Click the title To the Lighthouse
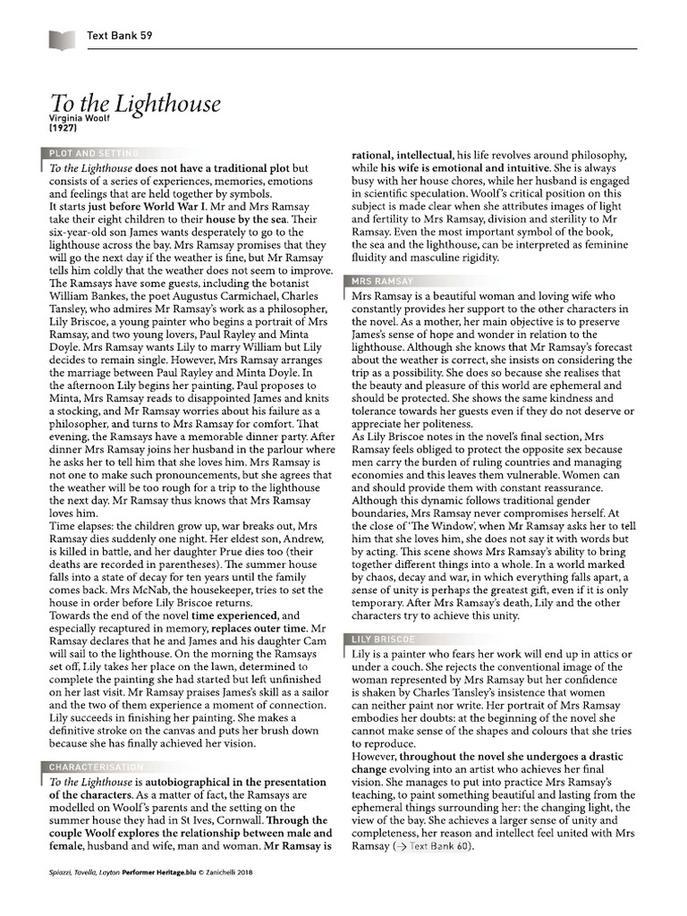point(134,103)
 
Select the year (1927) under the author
point(62,129)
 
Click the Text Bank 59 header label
point(120,36)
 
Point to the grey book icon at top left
point(62,37)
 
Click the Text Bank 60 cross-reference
point(430,846)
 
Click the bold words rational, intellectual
point(401,154)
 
